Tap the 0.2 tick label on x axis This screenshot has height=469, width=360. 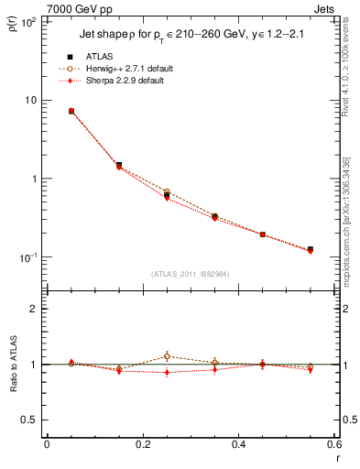pyautogui.click(x=142, y=444)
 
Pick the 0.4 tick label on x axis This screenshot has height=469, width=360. pyautogui.click(x=238, y=444)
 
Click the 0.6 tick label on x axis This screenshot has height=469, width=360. pyautogui.click(x=333, y=444)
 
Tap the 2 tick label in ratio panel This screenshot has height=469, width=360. pyautogui.click(x=34, y=309)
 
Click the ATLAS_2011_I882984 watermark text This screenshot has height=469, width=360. pyautogui.click(x=190, y=274)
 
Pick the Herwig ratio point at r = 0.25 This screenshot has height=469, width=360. pyautogui.click(x=167, y=356)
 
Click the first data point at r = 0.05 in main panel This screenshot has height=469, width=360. pyautogui.click(x=71, y=111)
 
